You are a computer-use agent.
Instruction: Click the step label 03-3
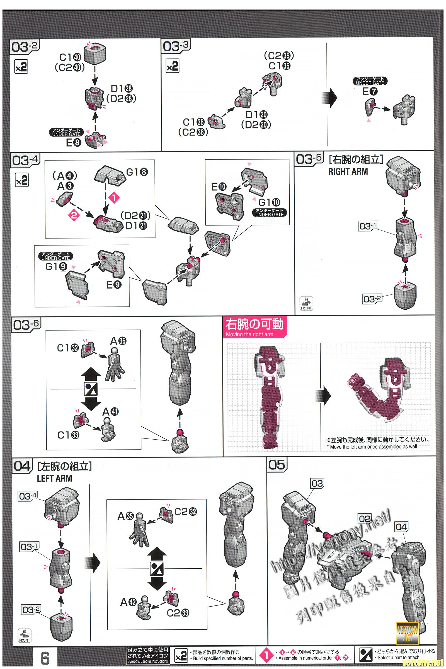coord(176,46)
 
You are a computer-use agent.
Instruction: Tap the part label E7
coord(370,92)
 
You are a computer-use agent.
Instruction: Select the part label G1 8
coord(137,172)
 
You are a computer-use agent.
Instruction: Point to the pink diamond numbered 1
coord(114,198)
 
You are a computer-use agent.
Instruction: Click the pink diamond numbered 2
coord(74,215)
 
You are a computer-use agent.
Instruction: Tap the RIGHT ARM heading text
coord(348,171)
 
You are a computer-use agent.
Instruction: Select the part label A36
coord(118,341)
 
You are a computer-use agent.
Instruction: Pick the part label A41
coord(110,412)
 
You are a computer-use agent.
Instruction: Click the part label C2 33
coord(178,612)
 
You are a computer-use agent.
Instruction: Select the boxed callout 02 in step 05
coord(365,518)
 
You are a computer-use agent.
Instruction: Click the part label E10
coord(219,187)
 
